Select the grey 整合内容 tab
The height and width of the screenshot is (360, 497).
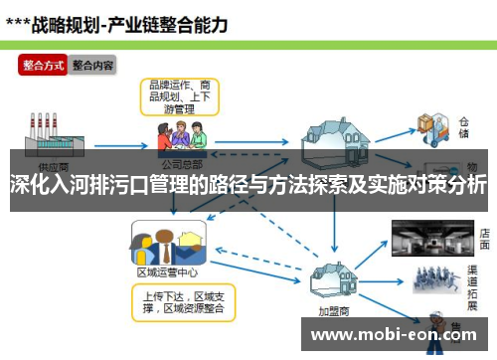pos(92,66)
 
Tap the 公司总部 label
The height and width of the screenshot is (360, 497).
pos(182,161)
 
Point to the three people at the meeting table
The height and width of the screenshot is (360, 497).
pos(182,136)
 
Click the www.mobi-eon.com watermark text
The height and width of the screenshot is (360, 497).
pos(398,335)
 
